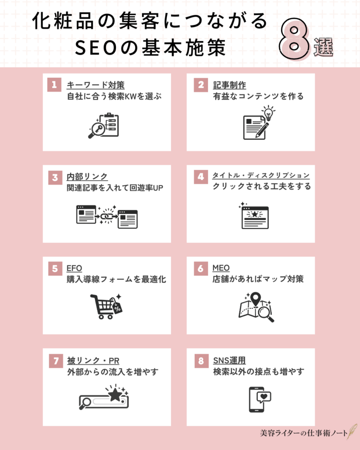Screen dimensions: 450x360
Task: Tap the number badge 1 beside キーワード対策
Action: point(54,85)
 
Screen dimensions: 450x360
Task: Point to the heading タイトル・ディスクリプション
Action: point(262,176)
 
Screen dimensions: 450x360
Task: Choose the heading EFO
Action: point(73,268)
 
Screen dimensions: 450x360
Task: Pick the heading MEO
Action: point(221,268)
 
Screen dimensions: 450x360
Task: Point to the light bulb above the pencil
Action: point(268,113)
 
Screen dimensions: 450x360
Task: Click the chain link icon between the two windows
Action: point(106,216)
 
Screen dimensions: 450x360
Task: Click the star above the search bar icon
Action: point(115,394)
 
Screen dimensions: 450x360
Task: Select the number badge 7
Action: point(54,361)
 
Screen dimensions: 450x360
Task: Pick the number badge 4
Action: point(201,177)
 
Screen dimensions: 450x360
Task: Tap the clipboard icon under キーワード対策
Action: point(108,125)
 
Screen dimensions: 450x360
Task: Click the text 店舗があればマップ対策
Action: point(258,279)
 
